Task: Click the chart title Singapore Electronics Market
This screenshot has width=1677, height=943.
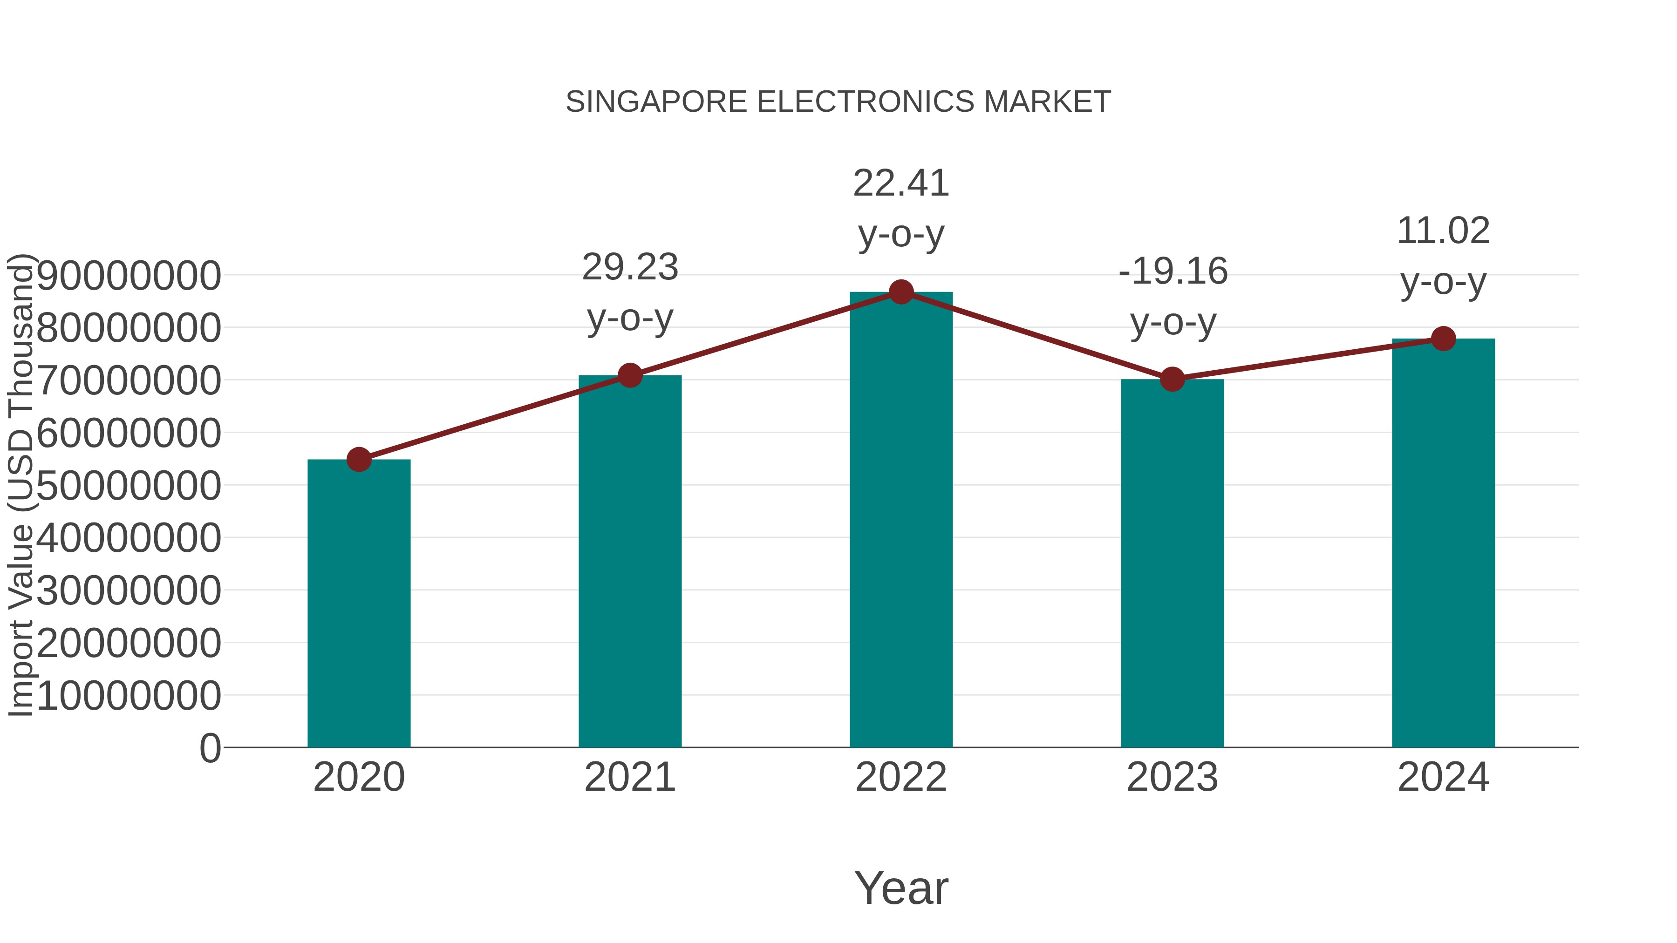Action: tap(838, 102)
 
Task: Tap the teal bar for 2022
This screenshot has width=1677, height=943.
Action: tap(901, 521)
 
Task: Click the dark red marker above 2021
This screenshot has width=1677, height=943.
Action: tap(629, 375)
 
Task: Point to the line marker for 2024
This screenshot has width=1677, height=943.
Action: tap(1443, 339)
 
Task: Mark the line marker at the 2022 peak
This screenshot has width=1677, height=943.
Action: tap(901, 292)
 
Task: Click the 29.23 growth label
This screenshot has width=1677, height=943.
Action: tap(629, 267)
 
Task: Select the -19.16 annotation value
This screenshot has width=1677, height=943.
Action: tap(1173, 271)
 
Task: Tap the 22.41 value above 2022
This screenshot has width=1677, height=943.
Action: tap(901, 183)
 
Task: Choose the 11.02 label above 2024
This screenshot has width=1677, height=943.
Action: tap(1443, 231)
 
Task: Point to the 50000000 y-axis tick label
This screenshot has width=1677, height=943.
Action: tap(129, 486)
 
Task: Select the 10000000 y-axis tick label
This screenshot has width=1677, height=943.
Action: tap(129, 696)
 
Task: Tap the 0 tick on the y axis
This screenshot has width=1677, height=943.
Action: tap(210, 748)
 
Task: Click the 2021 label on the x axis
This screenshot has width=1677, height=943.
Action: tap(629, 777)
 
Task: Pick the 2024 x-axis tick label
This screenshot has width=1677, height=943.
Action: tap(1443, 777)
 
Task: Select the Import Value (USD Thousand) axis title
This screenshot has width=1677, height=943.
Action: tap(21, 485)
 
